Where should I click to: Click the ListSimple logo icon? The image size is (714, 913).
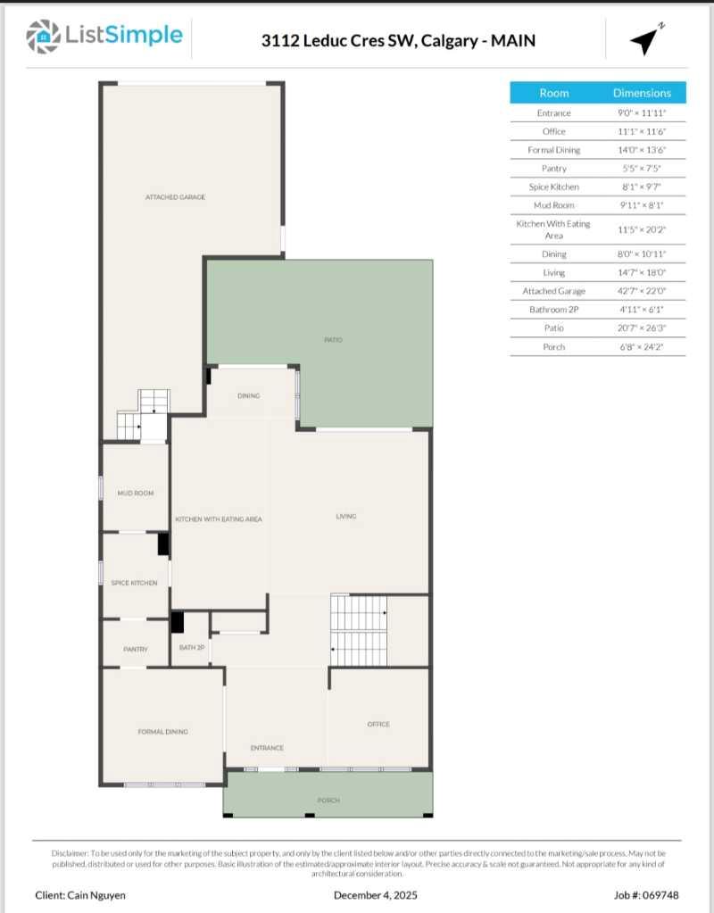point(43,36)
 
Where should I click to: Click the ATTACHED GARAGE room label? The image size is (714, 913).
point(175,197)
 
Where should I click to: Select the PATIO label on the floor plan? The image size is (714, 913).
point(333,340)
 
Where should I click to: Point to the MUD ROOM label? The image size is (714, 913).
point(136,493)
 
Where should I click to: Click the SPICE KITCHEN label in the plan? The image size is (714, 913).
point(134,583)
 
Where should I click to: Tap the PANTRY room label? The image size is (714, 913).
point(136,649)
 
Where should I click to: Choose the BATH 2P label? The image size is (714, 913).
point(192,647)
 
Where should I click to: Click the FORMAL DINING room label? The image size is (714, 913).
point(162,732)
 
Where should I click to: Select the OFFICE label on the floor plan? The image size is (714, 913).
point(378,724)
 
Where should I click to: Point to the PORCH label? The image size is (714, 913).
point(328,801)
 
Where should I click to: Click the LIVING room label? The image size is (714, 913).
point(346,516)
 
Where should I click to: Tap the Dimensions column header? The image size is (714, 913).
point(642,93)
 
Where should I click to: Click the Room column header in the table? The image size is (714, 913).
point(553,93)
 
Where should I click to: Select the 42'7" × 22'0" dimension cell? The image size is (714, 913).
point(642,291)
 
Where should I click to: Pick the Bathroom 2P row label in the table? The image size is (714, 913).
point(553,310)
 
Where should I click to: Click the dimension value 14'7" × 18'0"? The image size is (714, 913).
point(642,272)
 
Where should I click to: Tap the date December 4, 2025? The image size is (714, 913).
point(375,894)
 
